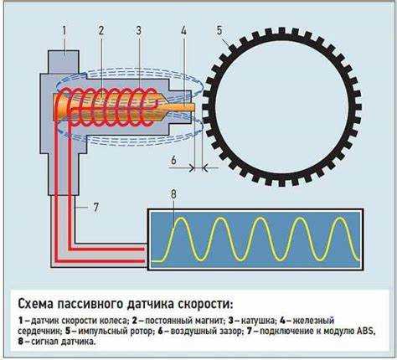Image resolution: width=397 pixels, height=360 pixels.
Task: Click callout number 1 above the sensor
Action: click(64, 30)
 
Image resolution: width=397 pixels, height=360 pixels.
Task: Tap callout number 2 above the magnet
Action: click(101, 30)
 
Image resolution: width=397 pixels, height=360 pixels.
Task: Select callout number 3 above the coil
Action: click(139, 30)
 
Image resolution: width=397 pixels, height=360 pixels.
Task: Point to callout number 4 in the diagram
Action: click(183, 30)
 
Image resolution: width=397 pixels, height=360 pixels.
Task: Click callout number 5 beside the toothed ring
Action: click(219, 30)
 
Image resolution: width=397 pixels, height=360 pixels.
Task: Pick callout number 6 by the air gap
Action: click(174, 160)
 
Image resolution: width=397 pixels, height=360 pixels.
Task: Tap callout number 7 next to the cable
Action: click(95, 207)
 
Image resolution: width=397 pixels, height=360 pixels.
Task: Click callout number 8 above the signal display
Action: click(173, 194)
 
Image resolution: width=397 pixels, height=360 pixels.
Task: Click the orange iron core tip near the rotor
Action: click(192, 107)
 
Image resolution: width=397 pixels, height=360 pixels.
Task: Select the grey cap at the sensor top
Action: click(64, 62)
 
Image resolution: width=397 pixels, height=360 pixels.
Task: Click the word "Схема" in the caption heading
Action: click(35, 304)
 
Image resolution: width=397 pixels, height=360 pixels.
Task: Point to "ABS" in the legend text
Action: click(365, 331)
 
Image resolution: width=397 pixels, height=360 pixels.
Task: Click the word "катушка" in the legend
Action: click(258, 321)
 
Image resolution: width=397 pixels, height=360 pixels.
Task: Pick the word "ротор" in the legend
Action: click(141, 332)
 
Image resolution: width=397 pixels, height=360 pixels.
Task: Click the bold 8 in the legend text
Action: click(21, 342)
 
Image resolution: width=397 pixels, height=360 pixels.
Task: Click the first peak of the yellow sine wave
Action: click(181, 219)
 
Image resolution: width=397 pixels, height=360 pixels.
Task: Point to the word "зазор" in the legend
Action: click(229, 332)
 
